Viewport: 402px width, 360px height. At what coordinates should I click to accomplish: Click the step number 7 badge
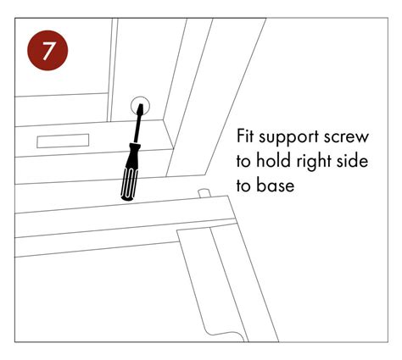tap(50, 49)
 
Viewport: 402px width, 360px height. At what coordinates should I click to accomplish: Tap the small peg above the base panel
tap(203, 194)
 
